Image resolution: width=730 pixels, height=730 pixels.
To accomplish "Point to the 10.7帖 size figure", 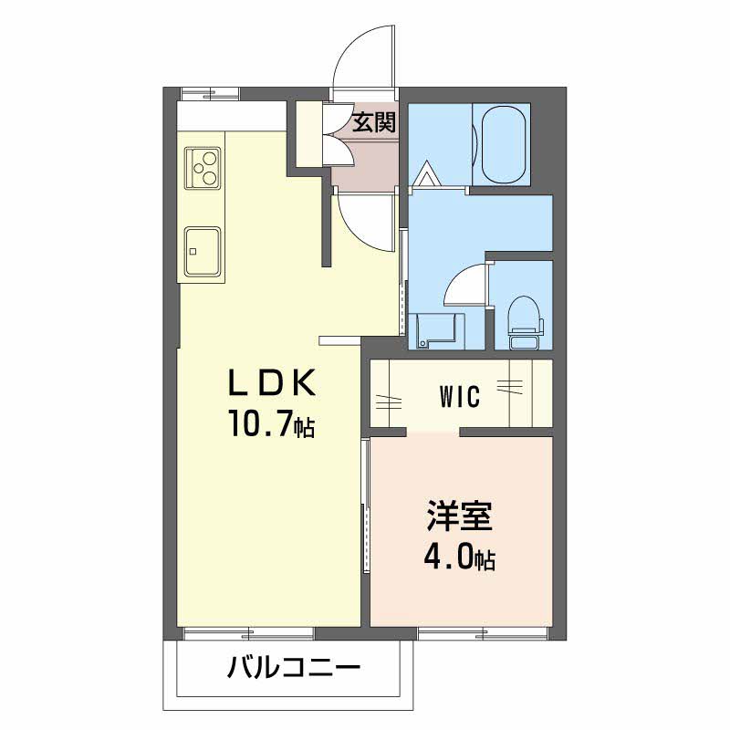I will coord(271,423).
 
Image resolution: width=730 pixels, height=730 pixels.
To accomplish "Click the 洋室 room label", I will coord(459,517).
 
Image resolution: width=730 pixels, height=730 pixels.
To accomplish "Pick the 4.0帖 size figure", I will coord(459,557).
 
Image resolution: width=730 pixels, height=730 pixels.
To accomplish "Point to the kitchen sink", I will coord(203,251).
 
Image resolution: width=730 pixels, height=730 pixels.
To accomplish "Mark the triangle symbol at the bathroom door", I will coord(426,173).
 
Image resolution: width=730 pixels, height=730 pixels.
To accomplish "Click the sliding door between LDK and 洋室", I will coord(365,506).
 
